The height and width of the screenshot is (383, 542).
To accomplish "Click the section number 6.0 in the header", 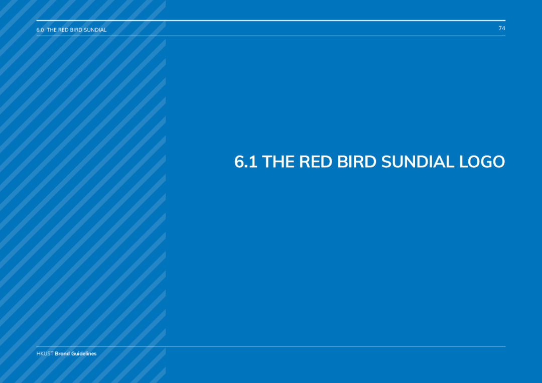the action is [x=40, y=30].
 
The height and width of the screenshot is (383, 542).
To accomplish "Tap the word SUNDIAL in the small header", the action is [x=95, y=30].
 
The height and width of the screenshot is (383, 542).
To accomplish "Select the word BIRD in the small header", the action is [x=76, y=30].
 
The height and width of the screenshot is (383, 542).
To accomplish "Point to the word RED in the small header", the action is [x=63, y=30].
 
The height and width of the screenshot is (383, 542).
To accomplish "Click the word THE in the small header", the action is [x=52, y=30].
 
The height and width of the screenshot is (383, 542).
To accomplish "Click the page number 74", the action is [x=502, y=28].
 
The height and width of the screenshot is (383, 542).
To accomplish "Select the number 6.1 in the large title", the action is [x=246, y=162].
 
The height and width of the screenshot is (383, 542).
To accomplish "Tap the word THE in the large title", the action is [x=278, y=162].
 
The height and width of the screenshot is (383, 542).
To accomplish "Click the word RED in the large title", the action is [x=316, y=162].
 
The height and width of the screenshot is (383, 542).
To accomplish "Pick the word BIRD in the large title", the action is [x=357, y=162].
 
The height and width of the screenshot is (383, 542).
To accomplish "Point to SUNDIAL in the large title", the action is [x=418, y=162].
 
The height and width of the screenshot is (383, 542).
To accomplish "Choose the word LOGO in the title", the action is [x=482, y=162].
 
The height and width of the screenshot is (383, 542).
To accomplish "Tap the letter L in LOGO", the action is [x=463, y=162].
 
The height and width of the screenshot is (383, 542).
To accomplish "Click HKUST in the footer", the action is [x=45, y=353].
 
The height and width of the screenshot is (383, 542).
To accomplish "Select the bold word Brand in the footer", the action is [x=62, y=353].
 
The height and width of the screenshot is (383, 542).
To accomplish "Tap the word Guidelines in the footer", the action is [x=84, y=353].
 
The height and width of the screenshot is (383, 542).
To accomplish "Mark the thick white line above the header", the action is [x=270, y=21].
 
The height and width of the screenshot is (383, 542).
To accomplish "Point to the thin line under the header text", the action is [x=270, y=36].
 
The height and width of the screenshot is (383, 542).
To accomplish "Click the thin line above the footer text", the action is [x=270, y=346].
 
